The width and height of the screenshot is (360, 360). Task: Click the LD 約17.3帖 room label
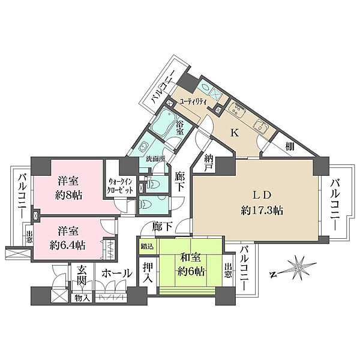click(x=262, y=203)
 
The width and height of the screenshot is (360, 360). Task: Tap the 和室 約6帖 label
click(x=191, y=265)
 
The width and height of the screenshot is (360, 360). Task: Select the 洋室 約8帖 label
click(x=68, y=188)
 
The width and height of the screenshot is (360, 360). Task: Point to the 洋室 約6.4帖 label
click(x=68, y=238)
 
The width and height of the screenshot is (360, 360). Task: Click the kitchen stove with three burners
click(x=237, y=109)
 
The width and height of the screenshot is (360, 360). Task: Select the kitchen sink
click(x=261, y=126)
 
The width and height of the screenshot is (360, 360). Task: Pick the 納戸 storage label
click(x=209, y=163)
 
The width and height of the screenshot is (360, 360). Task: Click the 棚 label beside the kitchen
click(x=290, y=146)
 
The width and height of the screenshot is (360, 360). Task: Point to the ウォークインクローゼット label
click(x=121, y=187)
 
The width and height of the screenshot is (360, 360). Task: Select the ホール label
click(x=117, y=274)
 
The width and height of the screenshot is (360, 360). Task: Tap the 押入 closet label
click(x=148, y=272)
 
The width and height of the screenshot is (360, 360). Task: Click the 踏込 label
click(x=147, y=247)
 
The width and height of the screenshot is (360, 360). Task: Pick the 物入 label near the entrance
click(x=82, y=298)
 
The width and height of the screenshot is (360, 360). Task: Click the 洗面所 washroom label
click(x=156, y=158)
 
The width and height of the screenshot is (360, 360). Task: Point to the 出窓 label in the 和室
click(x=228, y=271)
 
